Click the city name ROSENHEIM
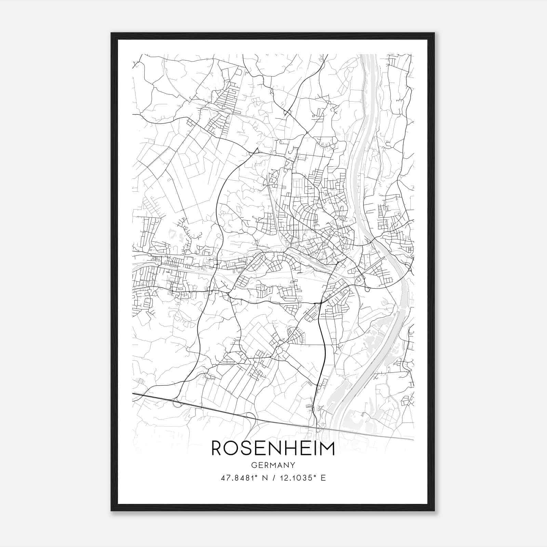(273, 448)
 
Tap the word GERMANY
(273, 465)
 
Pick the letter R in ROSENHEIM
(217, 448)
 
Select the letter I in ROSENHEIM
(315, 448)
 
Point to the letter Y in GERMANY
(293, 465)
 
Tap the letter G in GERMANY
(254, 465)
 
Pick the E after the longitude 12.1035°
(323, 478)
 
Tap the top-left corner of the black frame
(111, 34)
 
